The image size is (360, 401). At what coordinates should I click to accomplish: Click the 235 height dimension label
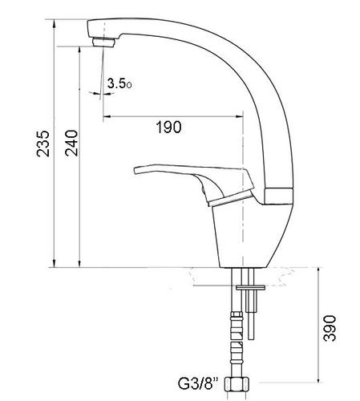(x=43, y=144)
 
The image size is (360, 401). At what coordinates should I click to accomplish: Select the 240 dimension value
(x=71, y=143)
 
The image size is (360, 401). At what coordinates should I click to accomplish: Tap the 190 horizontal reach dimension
(x=168, y=127)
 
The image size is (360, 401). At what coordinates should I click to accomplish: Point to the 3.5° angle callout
(x=119, y=83)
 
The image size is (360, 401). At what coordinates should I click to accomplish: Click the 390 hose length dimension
(x=330, y=328)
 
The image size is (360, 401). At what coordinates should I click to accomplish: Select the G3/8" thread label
(x=198, y=383)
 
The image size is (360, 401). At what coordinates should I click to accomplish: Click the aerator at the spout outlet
(x=103, y=43)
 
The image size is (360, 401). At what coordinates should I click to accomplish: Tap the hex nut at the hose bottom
(x=237, y=384)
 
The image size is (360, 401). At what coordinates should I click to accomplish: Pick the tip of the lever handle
(x=136, y=171)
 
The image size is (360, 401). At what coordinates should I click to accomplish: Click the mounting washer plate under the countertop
(x=250, y=288)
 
